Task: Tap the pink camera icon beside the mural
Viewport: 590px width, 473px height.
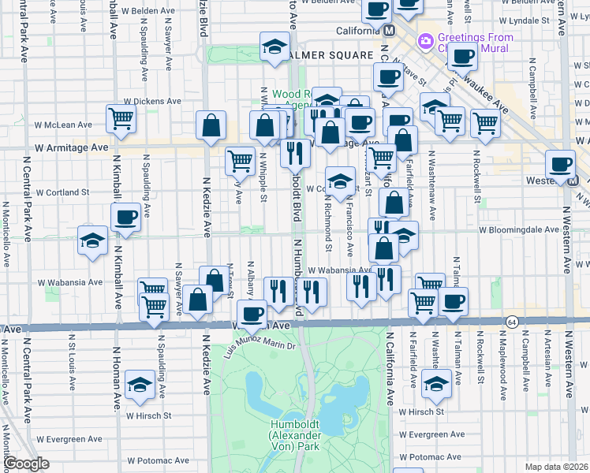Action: click(426, 39)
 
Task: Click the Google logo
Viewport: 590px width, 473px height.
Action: click(25, 464)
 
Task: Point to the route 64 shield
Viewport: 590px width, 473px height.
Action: click(512, 322)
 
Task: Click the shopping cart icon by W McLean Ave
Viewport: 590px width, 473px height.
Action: click(121, 119)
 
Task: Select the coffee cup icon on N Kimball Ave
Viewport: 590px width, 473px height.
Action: click(125, 217)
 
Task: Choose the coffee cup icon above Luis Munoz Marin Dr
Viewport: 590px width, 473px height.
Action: click(252, 315)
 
